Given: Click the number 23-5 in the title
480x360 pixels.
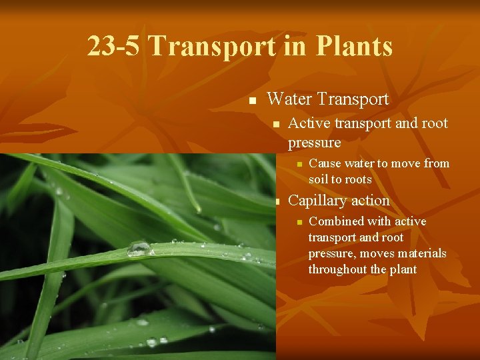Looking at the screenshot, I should click(114, 47).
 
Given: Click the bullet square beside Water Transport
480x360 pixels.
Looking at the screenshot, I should click(252, 101).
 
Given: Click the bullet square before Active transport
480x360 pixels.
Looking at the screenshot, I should click(274, 125).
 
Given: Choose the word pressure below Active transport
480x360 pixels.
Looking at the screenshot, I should click(314, 143).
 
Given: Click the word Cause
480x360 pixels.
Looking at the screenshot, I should click(325, 163).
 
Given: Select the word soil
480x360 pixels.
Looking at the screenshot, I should click(318, 179).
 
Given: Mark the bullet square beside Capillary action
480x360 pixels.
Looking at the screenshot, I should click(274, 202).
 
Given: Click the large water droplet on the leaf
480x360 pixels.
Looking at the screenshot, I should click(139, 248).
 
